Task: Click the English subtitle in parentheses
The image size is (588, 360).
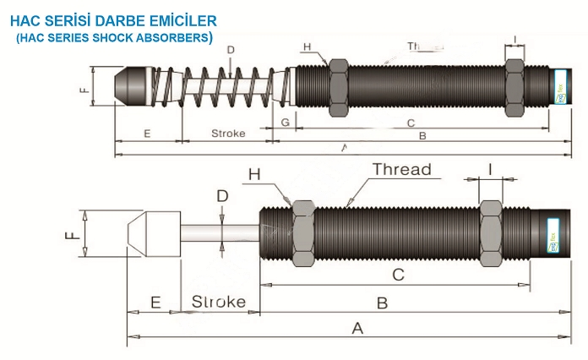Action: click(114, 37)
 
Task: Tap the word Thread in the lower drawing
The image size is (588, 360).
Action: click(402, 170)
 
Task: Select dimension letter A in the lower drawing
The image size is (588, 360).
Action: click(357, 328)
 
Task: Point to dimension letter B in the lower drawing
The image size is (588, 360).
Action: click(382, 302)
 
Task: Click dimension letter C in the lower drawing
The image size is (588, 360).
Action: click(399, 274)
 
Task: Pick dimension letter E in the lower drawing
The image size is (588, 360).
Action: click(155, 302)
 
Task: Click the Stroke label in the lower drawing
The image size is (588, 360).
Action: click(219, 302)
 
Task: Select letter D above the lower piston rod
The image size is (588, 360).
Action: click(222, 197)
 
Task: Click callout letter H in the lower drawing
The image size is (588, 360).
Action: click(255, 174)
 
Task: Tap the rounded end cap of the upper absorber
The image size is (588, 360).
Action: click(132, 85)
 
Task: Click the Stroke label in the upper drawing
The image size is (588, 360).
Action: click(228, 134)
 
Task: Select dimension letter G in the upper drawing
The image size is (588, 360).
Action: click(286, 123)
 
